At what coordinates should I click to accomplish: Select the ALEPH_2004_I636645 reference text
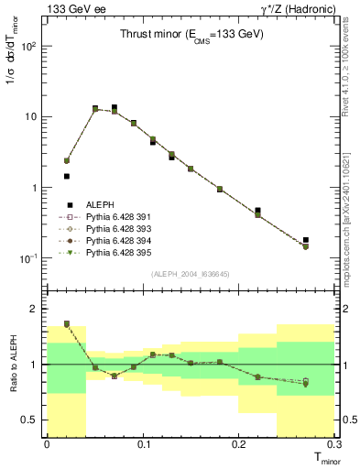[x=191, y=274]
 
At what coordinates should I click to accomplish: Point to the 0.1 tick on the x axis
[x=143, y=445]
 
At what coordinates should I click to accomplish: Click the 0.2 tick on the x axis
[x=240, y=445]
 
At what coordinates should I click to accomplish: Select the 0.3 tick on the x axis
[x=335, y=445]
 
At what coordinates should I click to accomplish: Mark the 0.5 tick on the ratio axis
[x=34, y=420]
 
